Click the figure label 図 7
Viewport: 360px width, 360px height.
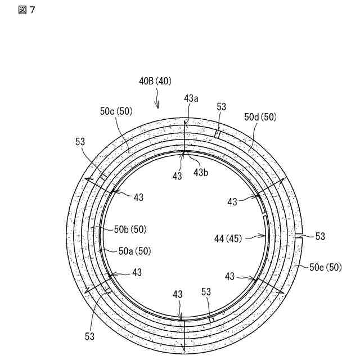coord(26,10)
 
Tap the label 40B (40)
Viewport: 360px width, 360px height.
coord(155,81)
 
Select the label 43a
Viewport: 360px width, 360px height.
coord(191,98)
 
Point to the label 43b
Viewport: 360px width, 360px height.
coord(201,173)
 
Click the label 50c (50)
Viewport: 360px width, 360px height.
coord(116,111)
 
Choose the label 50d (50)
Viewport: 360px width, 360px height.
coord(260,117)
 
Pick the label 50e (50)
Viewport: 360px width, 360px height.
coord(326,267)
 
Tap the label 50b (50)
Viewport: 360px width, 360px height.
coord(130,229)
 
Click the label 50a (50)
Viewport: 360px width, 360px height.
coord(135,251)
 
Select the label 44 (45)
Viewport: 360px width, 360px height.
coord(228,238)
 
